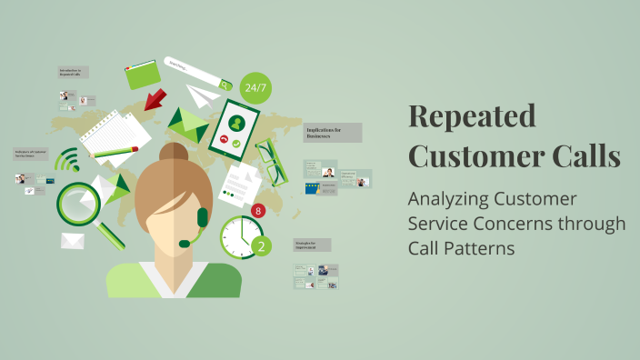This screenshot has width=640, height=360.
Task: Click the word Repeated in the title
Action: [472, 116]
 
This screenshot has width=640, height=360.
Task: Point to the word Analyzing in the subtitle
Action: [450, 199]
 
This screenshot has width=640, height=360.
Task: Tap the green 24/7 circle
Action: [256, 88]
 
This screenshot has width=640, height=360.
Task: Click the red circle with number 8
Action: [258, 211]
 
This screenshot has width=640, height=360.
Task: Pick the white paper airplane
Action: [204, 95]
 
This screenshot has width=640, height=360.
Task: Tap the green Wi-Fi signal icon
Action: [66, 163]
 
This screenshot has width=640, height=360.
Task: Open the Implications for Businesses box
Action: [332, 133]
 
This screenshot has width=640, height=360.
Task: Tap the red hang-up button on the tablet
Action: [224, 142]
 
